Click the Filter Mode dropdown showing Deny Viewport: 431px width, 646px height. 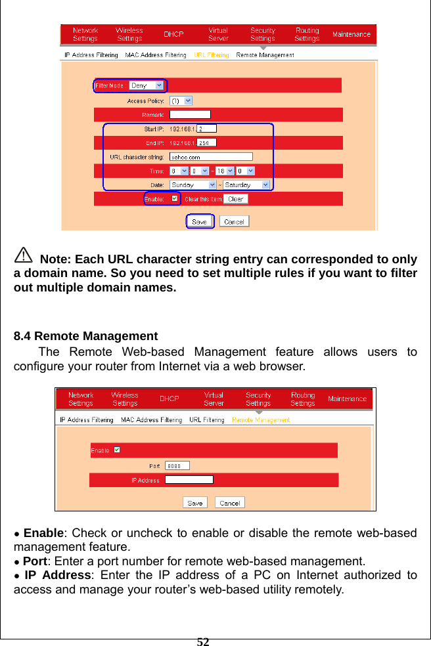tap(147, 85)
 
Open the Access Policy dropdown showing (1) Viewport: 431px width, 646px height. tap(181, 101)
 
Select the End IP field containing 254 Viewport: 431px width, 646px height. tap(206, 142)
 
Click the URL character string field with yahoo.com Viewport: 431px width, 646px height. tap(211, 156)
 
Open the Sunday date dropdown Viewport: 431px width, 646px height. tap(193, 185)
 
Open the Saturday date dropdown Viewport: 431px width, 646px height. tap(246, 185)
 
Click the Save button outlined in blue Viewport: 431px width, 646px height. tap(199, 221)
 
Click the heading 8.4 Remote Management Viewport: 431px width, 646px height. tap(86, 337)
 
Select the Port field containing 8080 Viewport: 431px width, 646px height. tap(177, 465)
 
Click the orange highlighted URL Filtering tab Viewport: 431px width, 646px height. tap(211, 55)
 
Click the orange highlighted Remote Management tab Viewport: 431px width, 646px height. tap(261, 420)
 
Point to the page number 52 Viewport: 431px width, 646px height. tap(203, 641)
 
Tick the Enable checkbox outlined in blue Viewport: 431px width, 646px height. tap(174, 198)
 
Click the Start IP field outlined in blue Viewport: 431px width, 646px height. tap(206, 129)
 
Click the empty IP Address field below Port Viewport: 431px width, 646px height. tap(189, 480)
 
